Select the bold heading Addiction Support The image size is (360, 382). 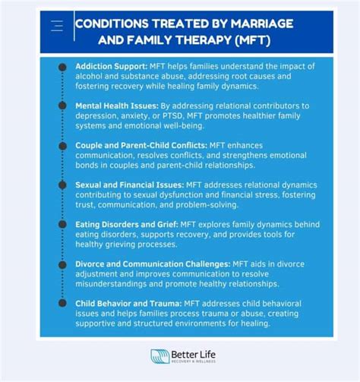pyautogui.click(x=112, y=67)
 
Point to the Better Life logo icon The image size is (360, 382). pyautogui.click(x=159, y=357)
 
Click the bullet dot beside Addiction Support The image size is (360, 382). pyautogui.click(x=62, y=67)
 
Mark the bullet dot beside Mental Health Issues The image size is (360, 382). pyautogui.click(x=62, y=106)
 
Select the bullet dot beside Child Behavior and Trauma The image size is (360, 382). pyautogui.click(x=62, y=302)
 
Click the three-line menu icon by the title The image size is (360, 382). pyautogui.click(x=56, y=27)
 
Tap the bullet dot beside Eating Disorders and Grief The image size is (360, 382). pyautogui.click(x=62, y=223)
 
